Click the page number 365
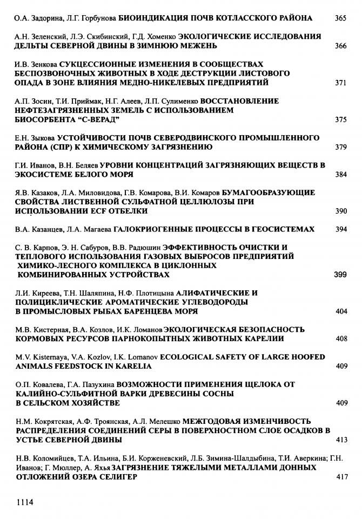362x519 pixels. click(x=340, y=18)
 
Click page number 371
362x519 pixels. click(x=340, y=83)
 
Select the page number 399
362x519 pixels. click(x=340, y=275)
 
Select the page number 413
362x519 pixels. click(x=340, y=440)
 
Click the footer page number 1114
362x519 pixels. click(x=25, y=502)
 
